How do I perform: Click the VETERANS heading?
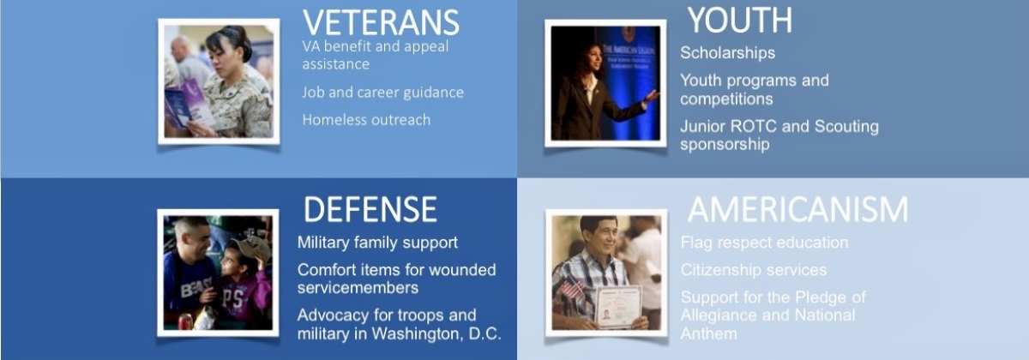381,22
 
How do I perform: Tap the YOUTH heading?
740,21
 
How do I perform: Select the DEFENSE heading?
370,209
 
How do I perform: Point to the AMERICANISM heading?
798,209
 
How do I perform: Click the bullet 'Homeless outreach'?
366,120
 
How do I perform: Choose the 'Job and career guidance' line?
382,93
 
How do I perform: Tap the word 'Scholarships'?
728,53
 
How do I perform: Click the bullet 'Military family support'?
377,243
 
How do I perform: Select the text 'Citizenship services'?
754,269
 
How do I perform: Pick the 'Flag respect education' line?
764,243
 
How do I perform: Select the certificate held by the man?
618,306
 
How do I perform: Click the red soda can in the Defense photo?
185,322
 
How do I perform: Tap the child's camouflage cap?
250,248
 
